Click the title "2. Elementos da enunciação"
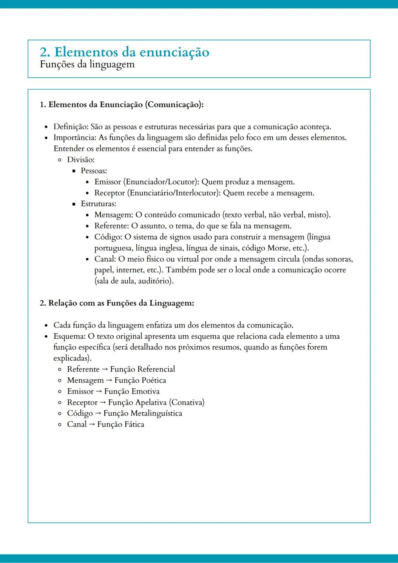pyautogui.click(x=125, y=52)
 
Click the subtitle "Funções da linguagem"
pyautogui.click(x=87, y=64)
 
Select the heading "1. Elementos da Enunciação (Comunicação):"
pyautogui.click(x=122, y=105)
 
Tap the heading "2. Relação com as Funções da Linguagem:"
pyautogui.click(x=117, y=303)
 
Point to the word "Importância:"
pyautogui.click(x=75, y=138)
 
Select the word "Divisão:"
pyautogui.click(x=81, y=160)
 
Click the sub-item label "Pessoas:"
pyautogui.click(x=94, y=171)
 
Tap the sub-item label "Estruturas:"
pyautogui.click(x=98, y=204)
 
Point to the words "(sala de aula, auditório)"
pyautogui.click(x=134, y=281)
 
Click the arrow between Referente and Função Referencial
pyautogui.click(x=105, y=369)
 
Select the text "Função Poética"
pyautogui.click(x=140, y=380)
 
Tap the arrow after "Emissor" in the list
pyautogui.click(x=99, y=391)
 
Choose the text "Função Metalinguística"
pyautogui.click(x=143, y=413)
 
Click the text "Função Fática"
pyautogui.click(x=121, y=424)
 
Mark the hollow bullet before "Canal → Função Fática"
pyautogui.click(x=60, y=424)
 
